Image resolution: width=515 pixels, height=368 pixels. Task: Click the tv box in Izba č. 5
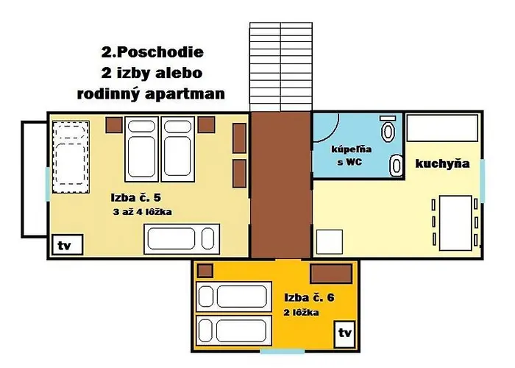[x=67, y=244]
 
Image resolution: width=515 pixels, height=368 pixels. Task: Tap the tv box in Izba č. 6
[x=344, y=334]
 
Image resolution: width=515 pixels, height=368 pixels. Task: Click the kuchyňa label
[x=442, y=163]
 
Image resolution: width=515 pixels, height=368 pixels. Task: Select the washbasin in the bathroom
[x=396, y=166]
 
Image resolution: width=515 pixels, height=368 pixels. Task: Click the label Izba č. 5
[x=135, y=197]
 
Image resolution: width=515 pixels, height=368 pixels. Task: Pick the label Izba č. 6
[x=309, y=297]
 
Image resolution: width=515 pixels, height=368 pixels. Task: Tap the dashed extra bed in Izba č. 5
[x=71, y=157]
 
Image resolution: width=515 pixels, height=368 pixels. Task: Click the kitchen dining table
[x=455, y=223]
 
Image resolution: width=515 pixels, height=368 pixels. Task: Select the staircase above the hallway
[x=281, y=67]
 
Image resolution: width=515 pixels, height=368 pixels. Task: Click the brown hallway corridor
[x=281, y=185]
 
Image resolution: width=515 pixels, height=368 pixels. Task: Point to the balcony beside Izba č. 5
[x=34, y=179]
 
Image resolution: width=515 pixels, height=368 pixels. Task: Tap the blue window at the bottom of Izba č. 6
[x=283, y=352]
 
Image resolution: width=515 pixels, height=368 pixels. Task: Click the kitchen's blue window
[x=482, y=180]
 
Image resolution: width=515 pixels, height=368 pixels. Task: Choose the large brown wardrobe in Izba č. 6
[x=331, y=274]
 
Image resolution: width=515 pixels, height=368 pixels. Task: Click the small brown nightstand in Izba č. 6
[x=205, y=271]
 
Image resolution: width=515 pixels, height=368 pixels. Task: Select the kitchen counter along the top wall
[x=442, y=127]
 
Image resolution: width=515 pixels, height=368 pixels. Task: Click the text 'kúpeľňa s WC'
[x=351, y=155]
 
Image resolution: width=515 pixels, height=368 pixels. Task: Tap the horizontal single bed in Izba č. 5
[x=182, y=239]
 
